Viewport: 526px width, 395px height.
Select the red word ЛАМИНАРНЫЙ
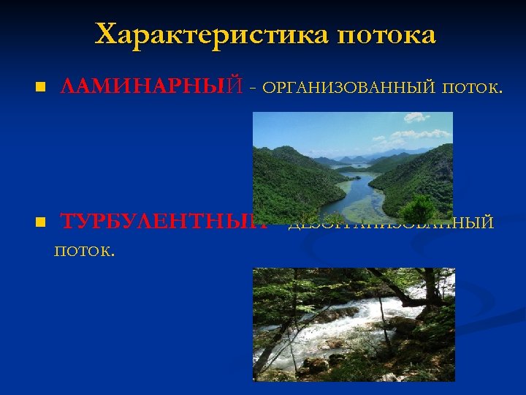(x=150, y=88)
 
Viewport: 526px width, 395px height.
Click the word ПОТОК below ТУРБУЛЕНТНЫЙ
(x=84, y=252)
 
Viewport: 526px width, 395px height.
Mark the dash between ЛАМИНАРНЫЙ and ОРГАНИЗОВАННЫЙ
(x=252, y=89)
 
